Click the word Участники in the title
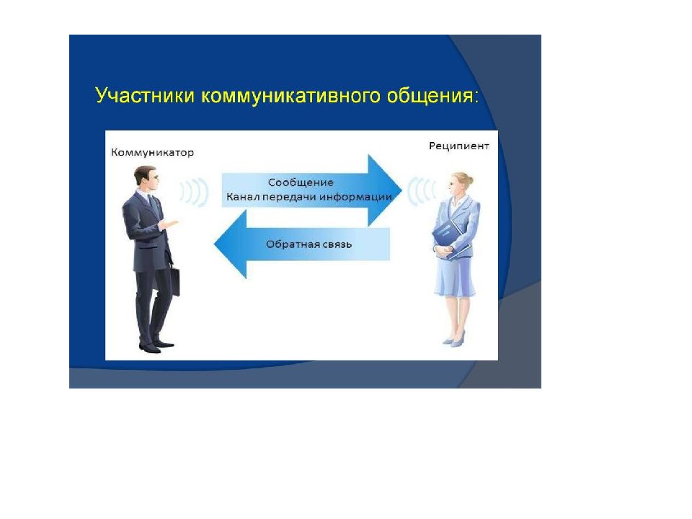(x=145, y=95)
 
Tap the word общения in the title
(x=431, y=96)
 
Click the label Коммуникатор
(x=152, y=152)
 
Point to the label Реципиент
(x=459, y=146)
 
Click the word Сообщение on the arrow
(x=301, y=182)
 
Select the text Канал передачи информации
(x=309, y=197)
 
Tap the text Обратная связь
(x=309, y=244)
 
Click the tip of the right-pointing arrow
(x=402, y=190)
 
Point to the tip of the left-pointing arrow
(x=215, y=244)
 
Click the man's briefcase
(x=174, y=280)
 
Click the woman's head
(x=460, y=184)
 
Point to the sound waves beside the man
(x=194, y=192)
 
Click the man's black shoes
(x=156, y=347)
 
